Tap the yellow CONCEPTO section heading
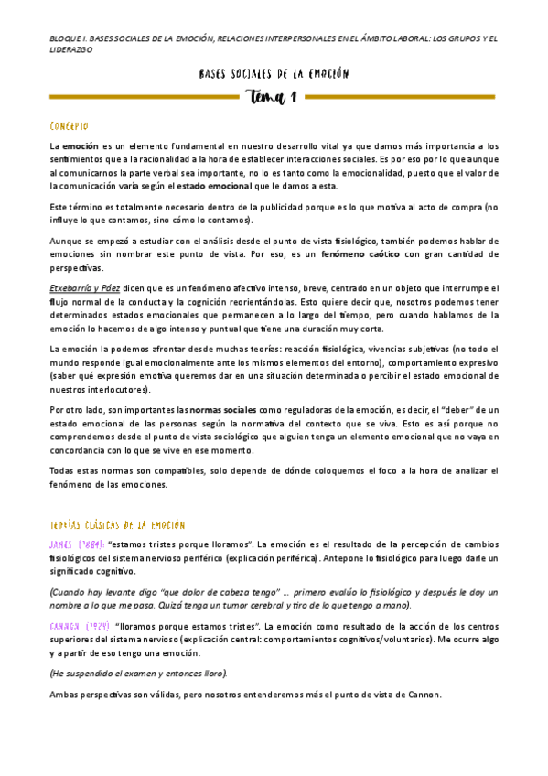tap(70, 124)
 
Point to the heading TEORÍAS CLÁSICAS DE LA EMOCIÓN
tap(118, 525)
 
